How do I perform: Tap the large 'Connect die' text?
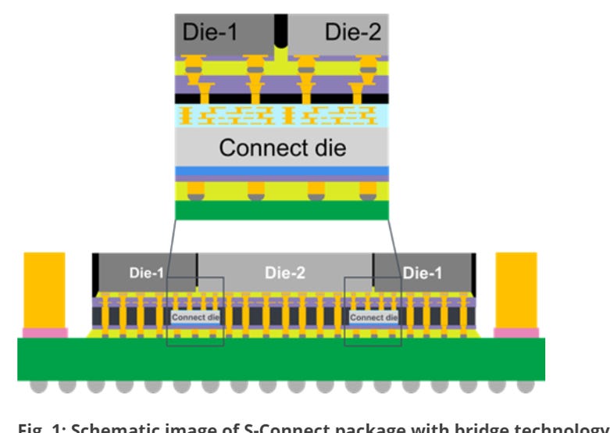283,147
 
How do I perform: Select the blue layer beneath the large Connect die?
283,172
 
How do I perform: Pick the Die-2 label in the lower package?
283,273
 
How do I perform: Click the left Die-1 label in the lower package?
147,273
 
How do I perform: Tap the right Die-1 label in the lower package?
422,273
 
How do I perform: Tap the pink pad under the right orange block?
516,332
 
